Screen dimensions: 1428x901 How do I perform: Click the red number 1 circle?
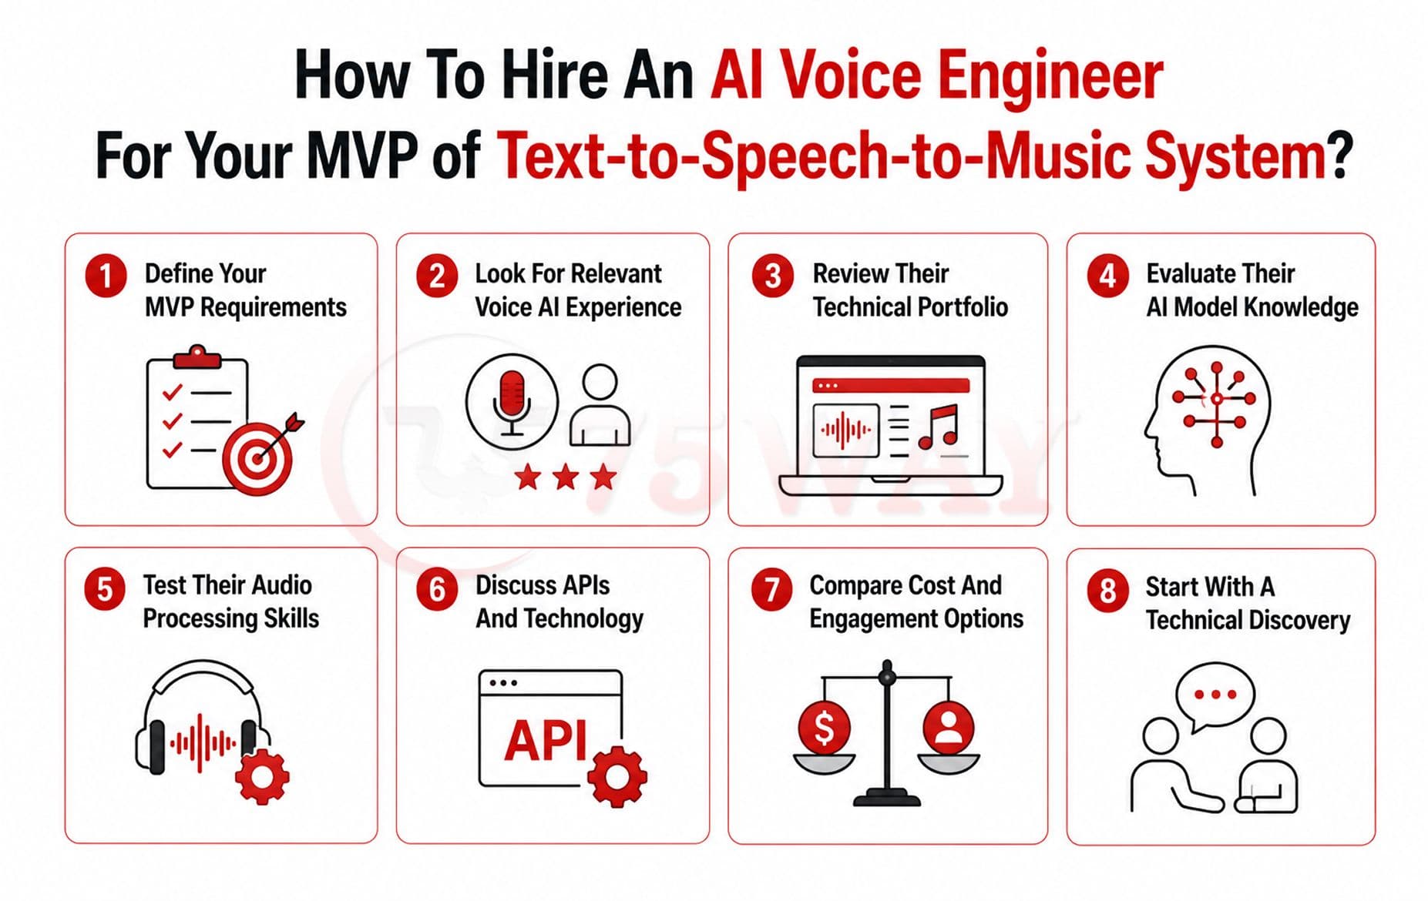click(x=106, y=276)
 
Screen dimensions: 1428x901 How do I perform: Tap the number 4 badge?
click(x=1107, y=276)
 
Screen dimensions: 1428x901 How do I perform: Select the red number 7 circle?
click(x=771, y=589)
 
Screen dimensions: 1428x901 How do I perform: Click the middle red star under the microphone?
click(x=566, y=477)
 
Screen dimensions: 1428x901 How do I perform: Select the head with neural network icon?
click(x=1207, y=420)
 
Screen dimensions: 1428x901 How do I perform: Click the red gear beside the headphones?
click(x=262, y=776)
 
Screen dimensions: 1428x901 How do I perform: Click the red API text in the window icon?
click(x=546, y=741)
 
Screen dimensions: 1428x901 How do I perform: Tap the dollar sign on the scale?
click(x=824, y=727)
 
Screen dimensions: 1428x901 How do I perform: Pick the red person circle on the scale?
click(x=948, y=728)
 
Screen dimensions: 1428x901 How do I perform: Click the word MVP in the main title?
click(x=361, y=155)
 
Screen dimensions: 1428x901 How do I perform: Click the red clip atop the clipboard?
click(x=197, y=357)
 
